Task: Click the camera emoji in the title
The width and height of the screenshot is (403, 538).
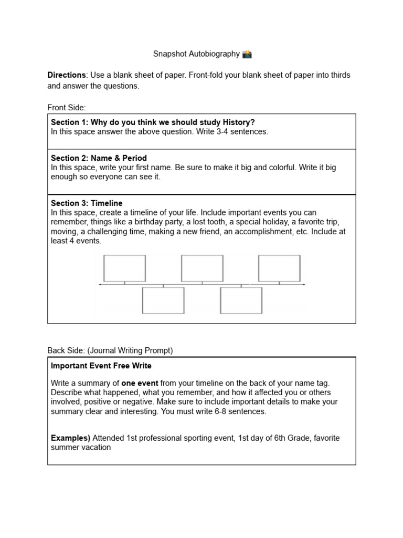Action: pyautogui.click(x=247, y=54)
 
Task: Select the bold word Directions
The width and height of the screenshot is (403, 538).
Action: pyautogui.click(x=66, y=75)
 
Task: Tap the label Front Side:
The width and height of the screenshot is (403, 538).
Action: pyautogui.click(x=66, y=108)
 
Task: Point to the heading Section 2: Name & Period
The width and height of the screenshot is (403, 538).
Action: pyautogui.click(x=99, y=158)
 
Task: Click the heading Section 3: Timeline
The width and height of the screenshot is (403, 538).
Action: pyautogui.click(x=87, y=203)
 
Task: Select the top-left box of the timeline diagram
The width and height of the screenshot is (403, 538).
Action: pyautogui.click(x=125, y=268)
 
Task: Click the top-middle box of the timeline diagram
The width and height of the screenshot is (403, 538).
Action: pyautogui.click(x=202, y=268)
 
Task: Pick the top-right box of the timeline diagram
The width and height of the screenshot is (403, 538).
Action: pyautogui.click(x=279, y=268)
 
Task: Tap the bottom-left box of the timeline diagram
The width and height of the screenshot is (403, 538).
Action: pyautogui.click(x=163, y=301)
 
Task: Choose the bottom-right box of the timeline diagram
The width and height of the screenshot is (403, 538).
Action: pyautogui.click(x=241, y=301)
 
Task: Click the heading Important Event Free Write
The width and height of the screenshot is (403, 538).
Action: pyautogui.click(x=101, y=366)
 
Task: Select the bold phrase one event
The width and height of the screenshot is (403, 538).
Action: pyautogui.click(x=140, y=383)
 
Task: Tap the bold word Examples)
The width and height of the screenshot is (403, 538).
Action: pyautogui.click(x=71, y=438)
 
